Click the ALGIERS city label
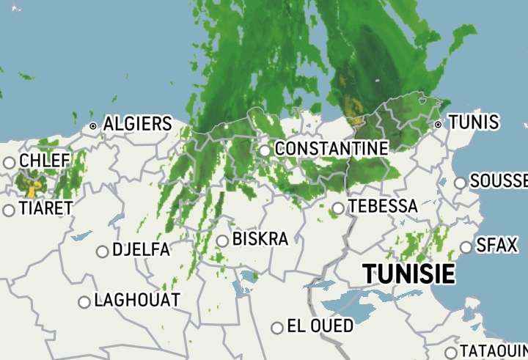click(137, 124)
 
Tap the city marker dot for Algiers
click(93, 126)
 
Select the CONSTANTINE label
click(331, 149)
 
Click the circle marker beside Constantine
click(265, 150)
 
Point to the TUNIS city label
click(473, 122)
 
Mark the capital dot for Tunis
click(438, 125)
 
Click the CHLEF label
click(45, 161)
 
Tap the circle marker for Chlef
click(10, 163)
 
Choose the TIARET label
click(45, 209)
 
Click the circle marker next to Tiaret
click(9, 210)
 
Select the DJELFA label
click(141, 250)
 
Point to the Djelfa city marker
click(102, 251)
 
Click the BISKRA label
click(260, 239)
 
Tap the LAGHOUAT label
click(137, 300)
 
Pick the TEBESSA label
click(382, 207)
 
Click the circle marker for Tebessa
click(338, 208)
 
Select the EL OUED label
click(320, 326)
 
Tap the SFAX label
click(496, 246)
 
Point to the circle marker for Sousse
click(460, 183)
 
